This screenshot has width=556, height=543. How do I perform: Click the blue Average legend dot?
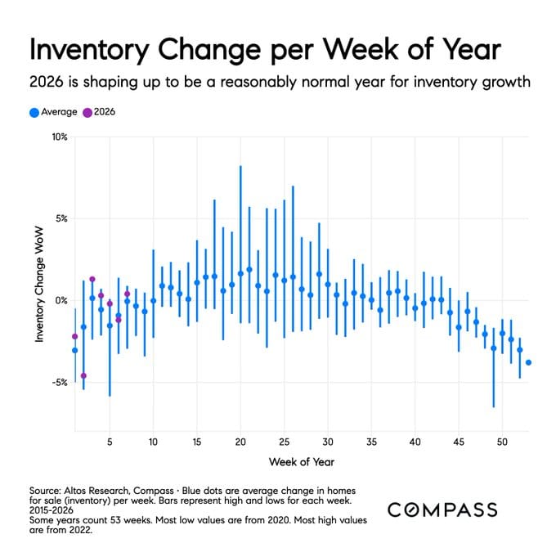34,112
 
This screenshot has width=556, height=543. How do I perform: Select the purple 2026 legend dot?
88,112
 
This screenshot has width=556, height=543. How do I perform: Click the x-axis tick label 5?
110,442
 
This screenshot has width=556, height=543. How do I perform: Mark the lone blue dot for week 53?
528,362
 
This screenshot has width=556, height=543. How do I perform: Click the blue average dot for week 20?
240,273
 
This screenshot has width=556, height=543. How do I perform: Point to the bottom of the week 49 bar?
493,406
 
